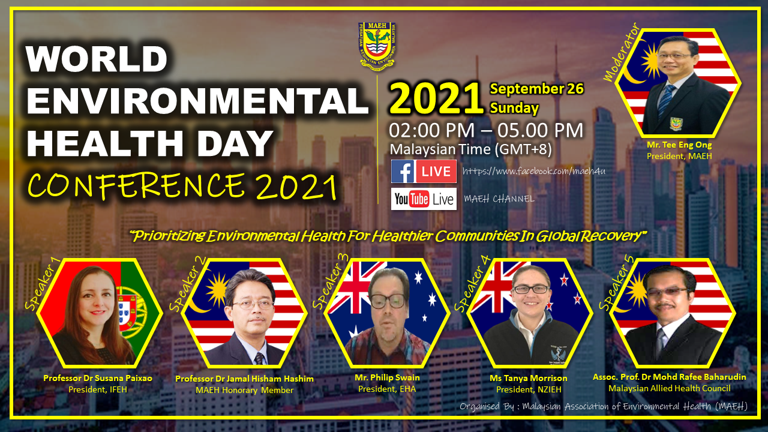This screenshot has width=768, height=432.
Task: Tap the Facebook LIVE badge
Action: coord(424,171)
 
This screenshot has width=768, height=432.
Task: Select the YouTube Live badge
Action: coord(424,199)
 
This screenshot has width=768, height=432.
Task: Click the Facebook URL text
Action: coord(534,171)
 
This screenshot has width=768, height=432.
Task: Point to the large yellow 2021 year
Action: coord(436,98)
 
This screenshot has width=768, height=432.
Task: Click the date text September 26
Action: coord(536,89)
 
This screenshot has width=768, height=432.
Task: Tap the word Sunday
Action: coord(514,108)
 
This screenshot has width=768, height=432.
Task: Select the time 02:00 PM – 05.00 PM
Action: coord(486,130)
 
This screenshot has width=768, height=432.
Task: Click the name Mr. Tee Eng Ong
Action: coord(679,145)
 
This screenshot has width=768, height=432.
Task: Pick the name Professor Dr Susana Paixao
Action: coord(98,378)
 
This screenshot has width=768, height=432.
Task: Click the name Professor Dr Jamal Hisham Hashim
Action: coord(244,379)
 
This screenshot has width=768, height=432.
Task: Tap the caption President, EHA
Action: coord(387,389)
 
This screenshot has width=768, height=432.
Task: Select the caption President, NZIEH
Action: coord(529,389)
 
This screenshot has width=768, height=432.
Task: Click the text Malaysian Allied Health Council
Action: coord(670,388)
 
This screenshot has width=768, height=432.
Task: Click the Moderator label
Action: coord(621,52)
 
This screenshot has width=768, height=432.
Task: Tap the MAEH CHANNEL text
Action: coord(499,199)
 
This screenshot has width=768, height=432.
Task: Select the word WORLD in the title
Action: coord(97,59)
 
